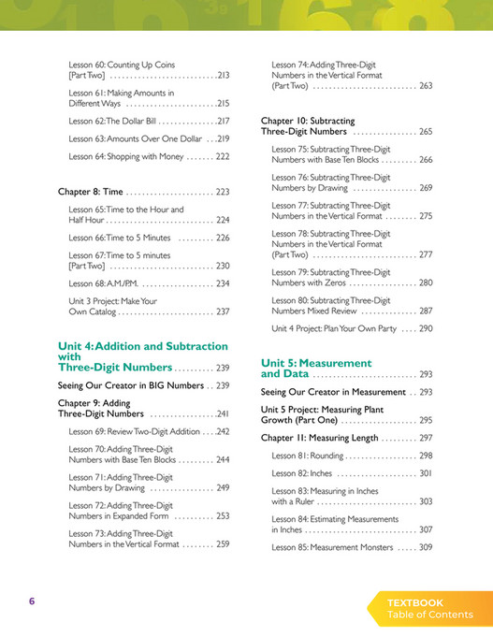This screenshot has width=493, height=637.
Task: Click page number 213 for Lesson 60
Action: (223, 75)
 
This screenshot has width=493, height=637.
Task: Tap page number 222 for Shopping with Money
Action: (222, 156)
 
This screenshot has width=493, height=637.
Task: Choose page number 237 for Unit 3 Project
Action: (223, 311)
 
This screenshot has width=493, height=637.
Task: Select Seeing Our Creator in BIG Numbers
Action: (130, 384)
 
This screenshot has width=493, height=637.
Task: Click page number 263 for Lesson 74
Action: (426, 85)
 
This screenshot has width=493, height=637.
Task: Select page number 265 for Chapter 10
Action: (426, 132)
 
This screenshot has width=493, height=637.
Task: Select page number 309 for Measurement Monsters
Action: (426, 547)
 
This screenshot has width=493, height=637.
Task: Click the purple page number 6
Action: (32, 601)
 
